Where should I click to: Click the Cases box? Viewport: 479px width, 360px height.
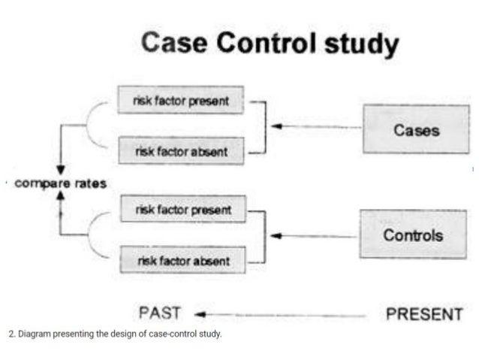click(x=416, y=130)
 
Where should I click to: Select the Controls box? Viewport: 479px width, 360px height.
click(x=413, y=235)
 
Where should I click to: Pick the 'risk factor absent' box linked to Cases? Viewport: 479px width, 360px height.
click(x=180, y=151)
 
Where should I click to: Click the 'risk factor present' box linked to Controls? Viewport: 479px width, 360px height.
click(x=182, y=210)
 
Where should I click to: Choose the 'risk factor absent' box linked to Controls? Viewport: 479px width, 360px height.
click(x=182, y=261)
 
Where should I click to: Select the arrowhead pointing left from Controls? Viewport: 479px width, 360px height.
click(x=276, y=235)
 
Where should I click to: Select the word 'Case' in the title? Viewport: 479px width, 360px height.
click(x=174, y=43)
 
